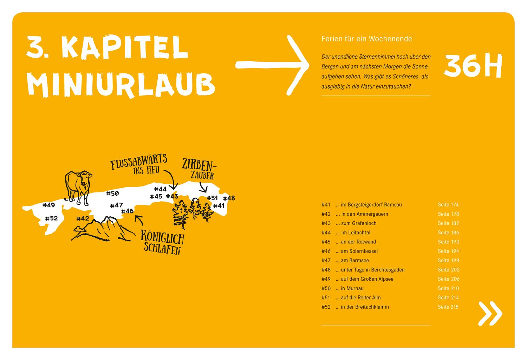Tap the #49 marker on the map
click(x=48, y=205)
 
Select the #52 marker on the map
click(x=51, y=218)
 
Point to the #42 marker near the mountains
click(x=83, y=218)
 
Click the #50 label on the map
click(x=112, y=193)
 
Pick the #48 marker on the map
click(x=229, y=198)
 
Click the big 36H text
click(x=473, y=66)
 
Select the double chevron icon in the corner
click(x=490, y=313)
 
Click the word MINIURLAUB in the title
click(x=121, y=85)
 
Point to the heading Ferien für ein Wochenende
click(x=366, y=39)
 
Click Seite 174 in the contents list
click(x=448, y=205)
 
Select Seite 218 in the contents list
click(x=448, y=307)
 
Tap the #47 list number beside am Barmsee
click(x=326, y=261)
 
